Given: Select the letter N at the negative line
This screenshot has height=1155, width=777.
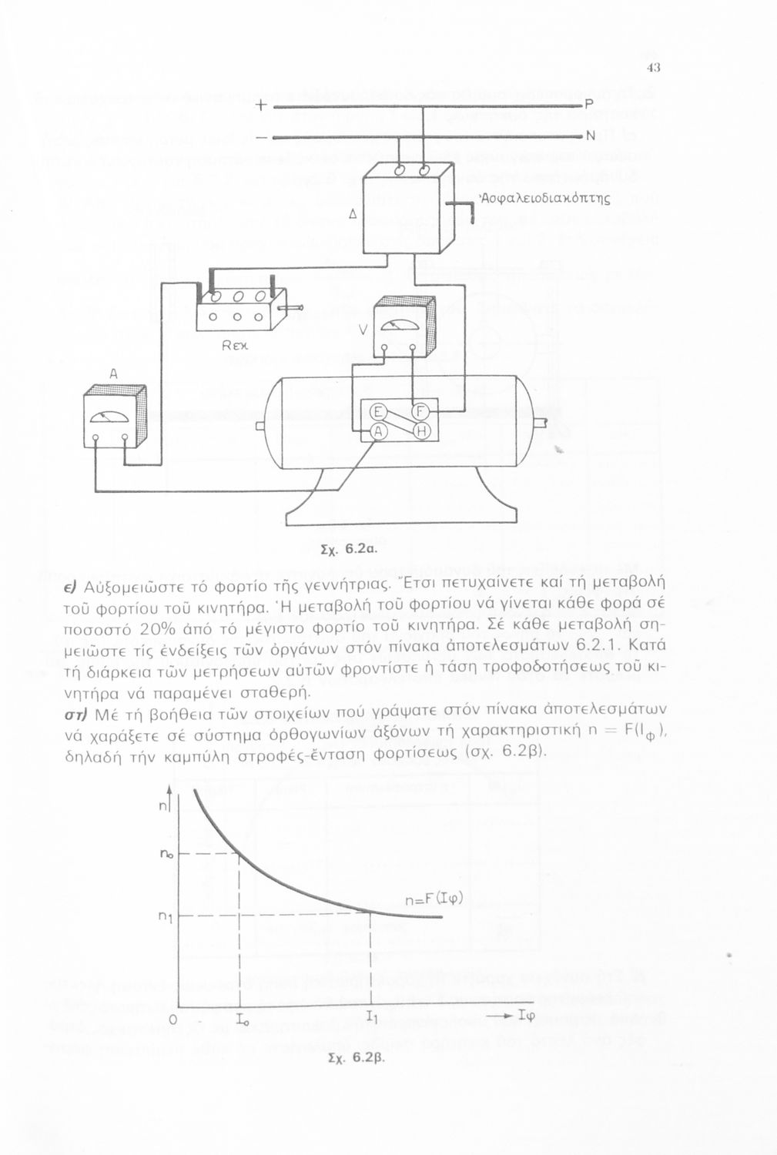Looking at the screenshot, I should point(591,137).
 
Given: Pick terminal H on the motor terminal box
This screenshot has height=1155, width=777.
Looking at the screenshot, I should point(421,432).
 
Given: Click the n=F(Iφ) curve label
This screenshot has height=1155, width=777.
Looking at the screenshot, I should point(433,898).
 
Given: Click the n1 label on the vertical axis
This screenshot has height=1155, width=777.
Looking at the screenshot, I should point(164,916).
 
